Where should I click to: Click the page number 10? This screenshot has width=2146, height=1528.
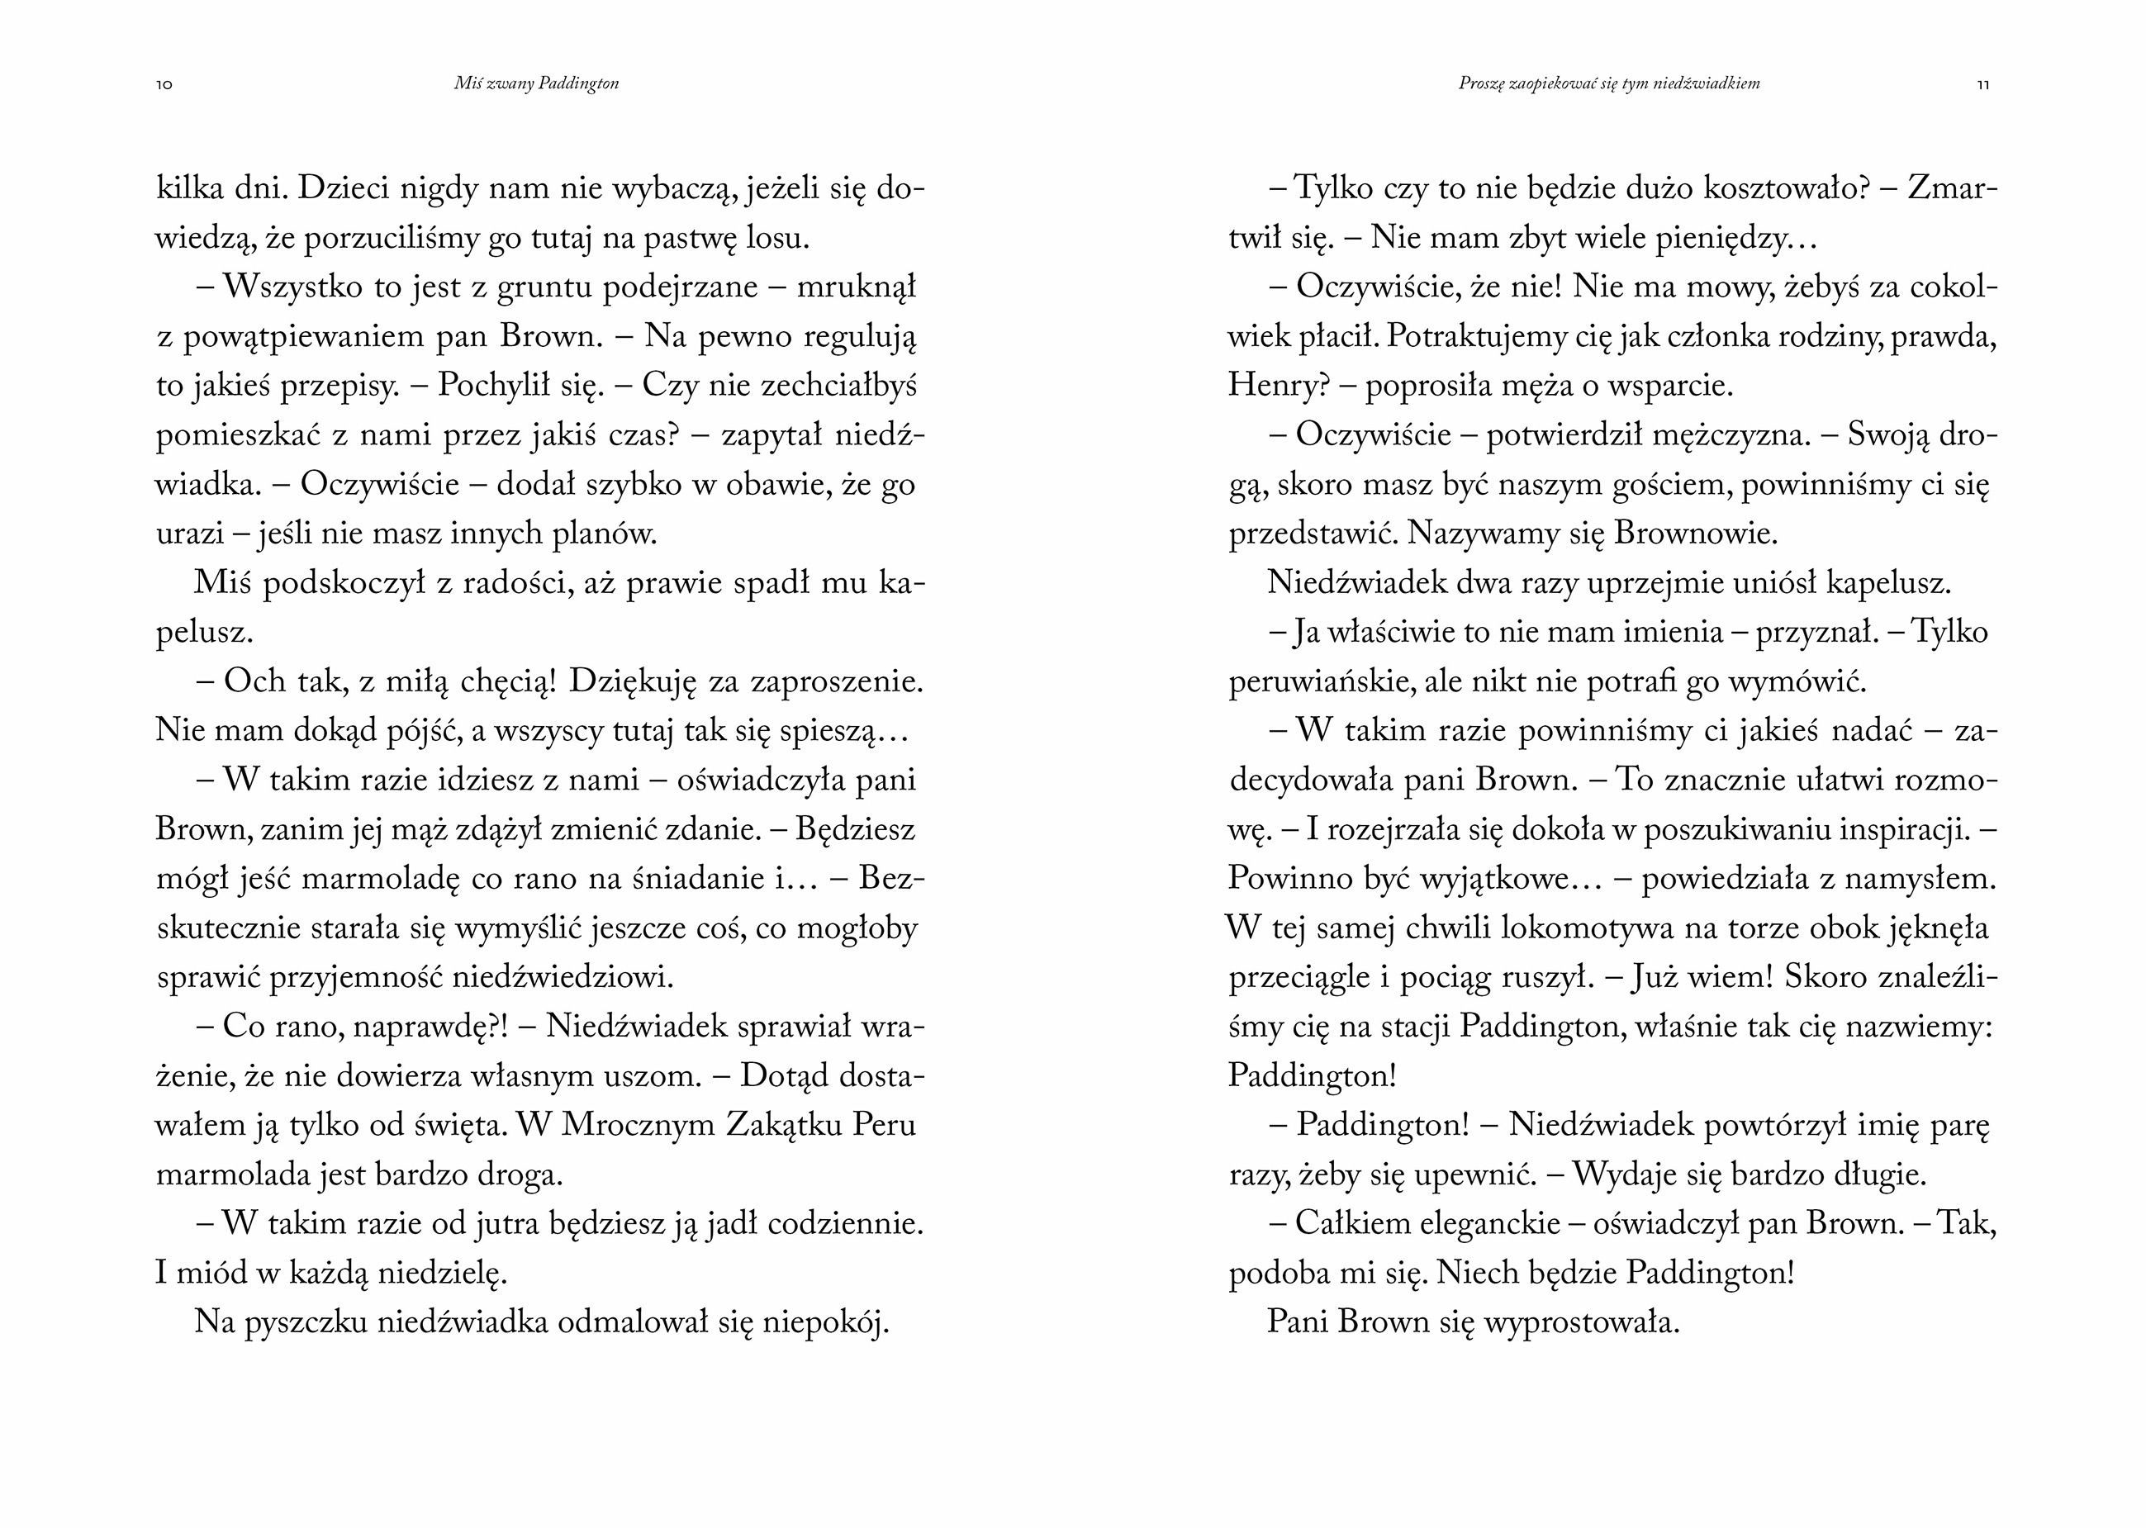click(x=164, y=85)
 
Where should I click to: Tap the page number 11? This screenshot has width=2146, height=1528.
click(x=1982, y=85)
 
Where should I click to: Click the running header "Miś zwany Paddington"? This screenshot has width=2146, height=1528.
click(x=536, y=83)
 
